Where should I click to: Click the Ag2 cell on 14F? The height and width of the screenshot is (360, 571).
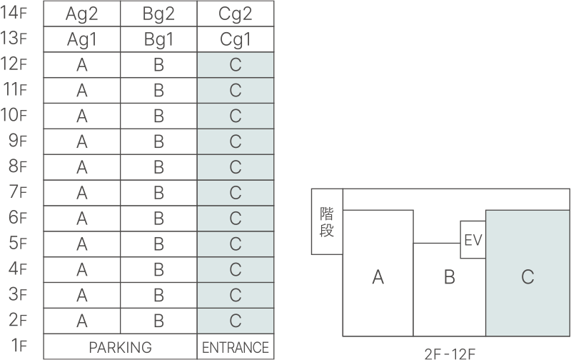pos(82,14)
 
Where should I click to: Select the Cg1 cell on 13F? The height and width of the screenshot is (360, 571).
pos(236,39)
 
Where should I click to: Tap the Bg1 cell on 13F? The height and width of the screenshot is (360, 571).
pos(158,39)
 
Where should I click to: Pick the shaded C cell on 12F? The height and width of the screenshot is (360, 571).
pos(236,65)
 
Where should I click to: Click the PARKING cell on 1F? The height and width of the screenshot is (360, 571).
pos(120,347)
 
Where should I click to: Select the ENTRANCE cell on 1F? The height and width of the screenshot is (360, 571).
pos(236,347)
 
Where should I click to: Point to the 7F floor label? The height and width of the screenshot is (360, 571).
pos(18,191)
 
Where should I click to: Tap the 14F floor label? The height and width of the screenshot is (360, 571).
pos(14,12)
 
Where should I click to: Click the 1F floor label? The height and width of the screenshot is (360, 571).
pos(19,345)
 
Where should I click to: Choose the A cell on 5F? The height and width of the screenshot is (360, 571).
pos(82,244)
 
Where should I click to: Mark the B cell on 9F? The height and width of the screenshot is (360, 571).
pos(158,141)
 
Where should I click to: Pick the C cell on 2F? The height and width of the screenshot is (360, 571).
pos(236,321)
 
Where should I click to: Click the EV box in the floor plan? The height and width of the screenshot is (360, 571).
pos(473,239)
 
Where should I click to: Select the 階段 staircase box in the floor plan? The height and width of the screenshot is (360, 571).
pos(327,221)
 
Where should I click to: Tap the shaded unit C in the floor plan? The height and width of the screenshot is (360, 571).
pos(527,274)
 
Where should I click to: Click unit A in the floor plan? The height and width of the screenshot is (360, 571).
pos(378,274)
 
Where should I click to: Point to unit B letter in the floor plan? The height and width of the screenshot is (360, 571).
pos(450,277)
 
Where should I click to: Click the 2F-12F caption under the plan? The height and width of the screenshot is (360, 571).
pos(450,354)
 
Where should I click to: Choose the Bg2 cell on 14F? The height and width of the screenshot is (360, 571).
pos(158,14)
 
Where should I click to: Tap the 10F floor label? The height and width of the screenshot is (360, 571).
pos(14,115)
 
